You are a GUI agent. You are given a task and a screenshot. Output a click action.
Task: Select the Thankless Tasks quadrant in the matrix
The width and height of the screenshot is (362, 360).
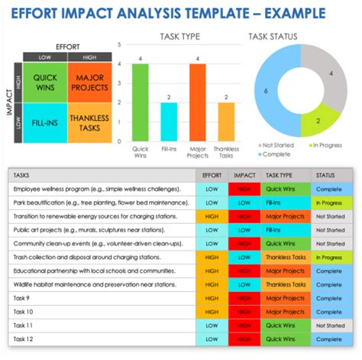tap(89, 123)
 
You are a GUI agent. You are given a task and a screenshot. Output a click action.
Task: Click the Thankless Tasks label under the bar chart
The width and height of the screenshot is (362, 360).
tap(226, 152)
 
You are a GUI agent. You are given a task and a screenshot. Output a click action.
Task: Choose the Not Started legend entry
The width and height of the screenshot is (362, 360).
tap(280, 144)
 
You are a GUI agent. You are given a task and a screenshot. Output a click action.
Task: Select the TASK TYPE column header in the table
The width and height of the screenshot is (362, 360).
tap(280, 175)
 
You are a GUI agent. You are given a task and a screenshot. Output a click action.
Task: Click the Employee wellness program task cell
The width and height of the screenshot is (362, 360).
tap(95, 189)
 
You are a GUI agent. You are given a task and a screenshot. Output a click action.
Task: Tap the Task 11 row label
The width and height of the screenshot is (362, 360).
tap(23, 326)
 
